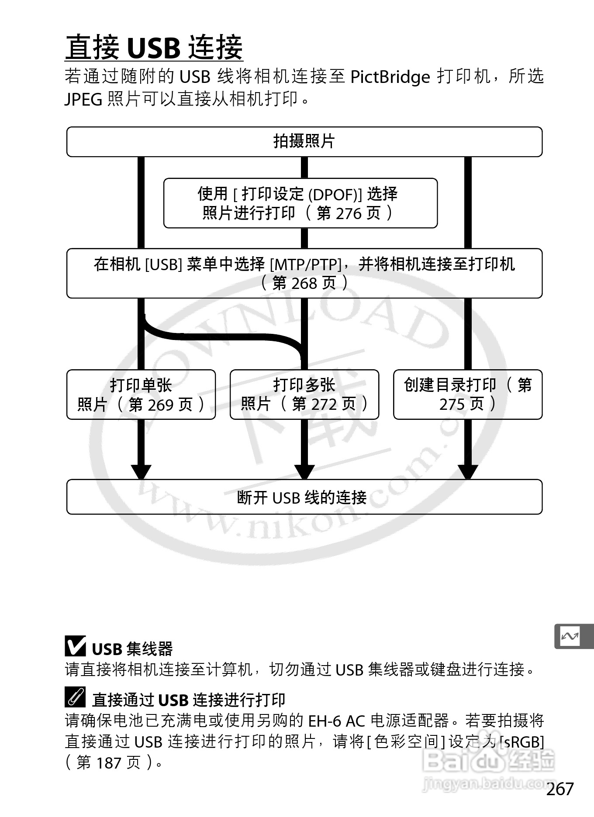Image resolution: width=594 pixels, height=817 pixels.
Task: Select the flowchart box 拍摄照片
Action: [304, 141]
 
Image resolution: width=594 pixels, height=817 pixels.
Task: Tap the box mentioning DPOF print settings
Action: [300, 203]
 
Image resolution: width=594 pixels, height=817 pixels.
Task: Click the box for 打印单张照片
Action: [141, 395]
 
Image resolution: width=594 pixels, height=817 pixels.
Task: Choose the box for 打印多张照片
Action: [304, 395]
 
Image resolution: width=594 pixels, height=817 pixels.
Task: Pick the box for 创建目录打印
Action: [467, 395]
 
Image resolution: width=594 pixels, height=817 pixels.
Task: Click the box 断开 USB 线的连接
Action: [304, 497]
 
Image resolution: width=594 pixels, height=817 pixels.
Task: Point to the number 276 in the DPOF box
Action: [349, 213]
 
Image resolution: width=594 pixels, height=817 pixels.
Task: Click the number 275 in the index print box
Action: [453, 405]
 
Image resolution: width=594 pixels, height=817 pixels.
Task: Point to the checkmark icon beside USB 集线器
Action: [75, 646]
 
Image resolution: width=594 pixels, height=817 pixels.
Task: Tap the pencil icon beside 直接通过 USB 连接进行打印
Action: [75, 697]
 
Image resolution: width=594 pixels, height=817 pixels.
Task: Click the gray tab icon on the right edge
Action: [572, 636]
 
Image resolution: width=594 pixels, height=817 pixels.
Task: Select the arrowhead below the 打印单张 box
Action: [141, 471]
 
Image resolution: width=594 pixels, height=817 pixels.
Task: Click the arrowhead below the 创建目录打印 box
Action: [467, 471]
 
